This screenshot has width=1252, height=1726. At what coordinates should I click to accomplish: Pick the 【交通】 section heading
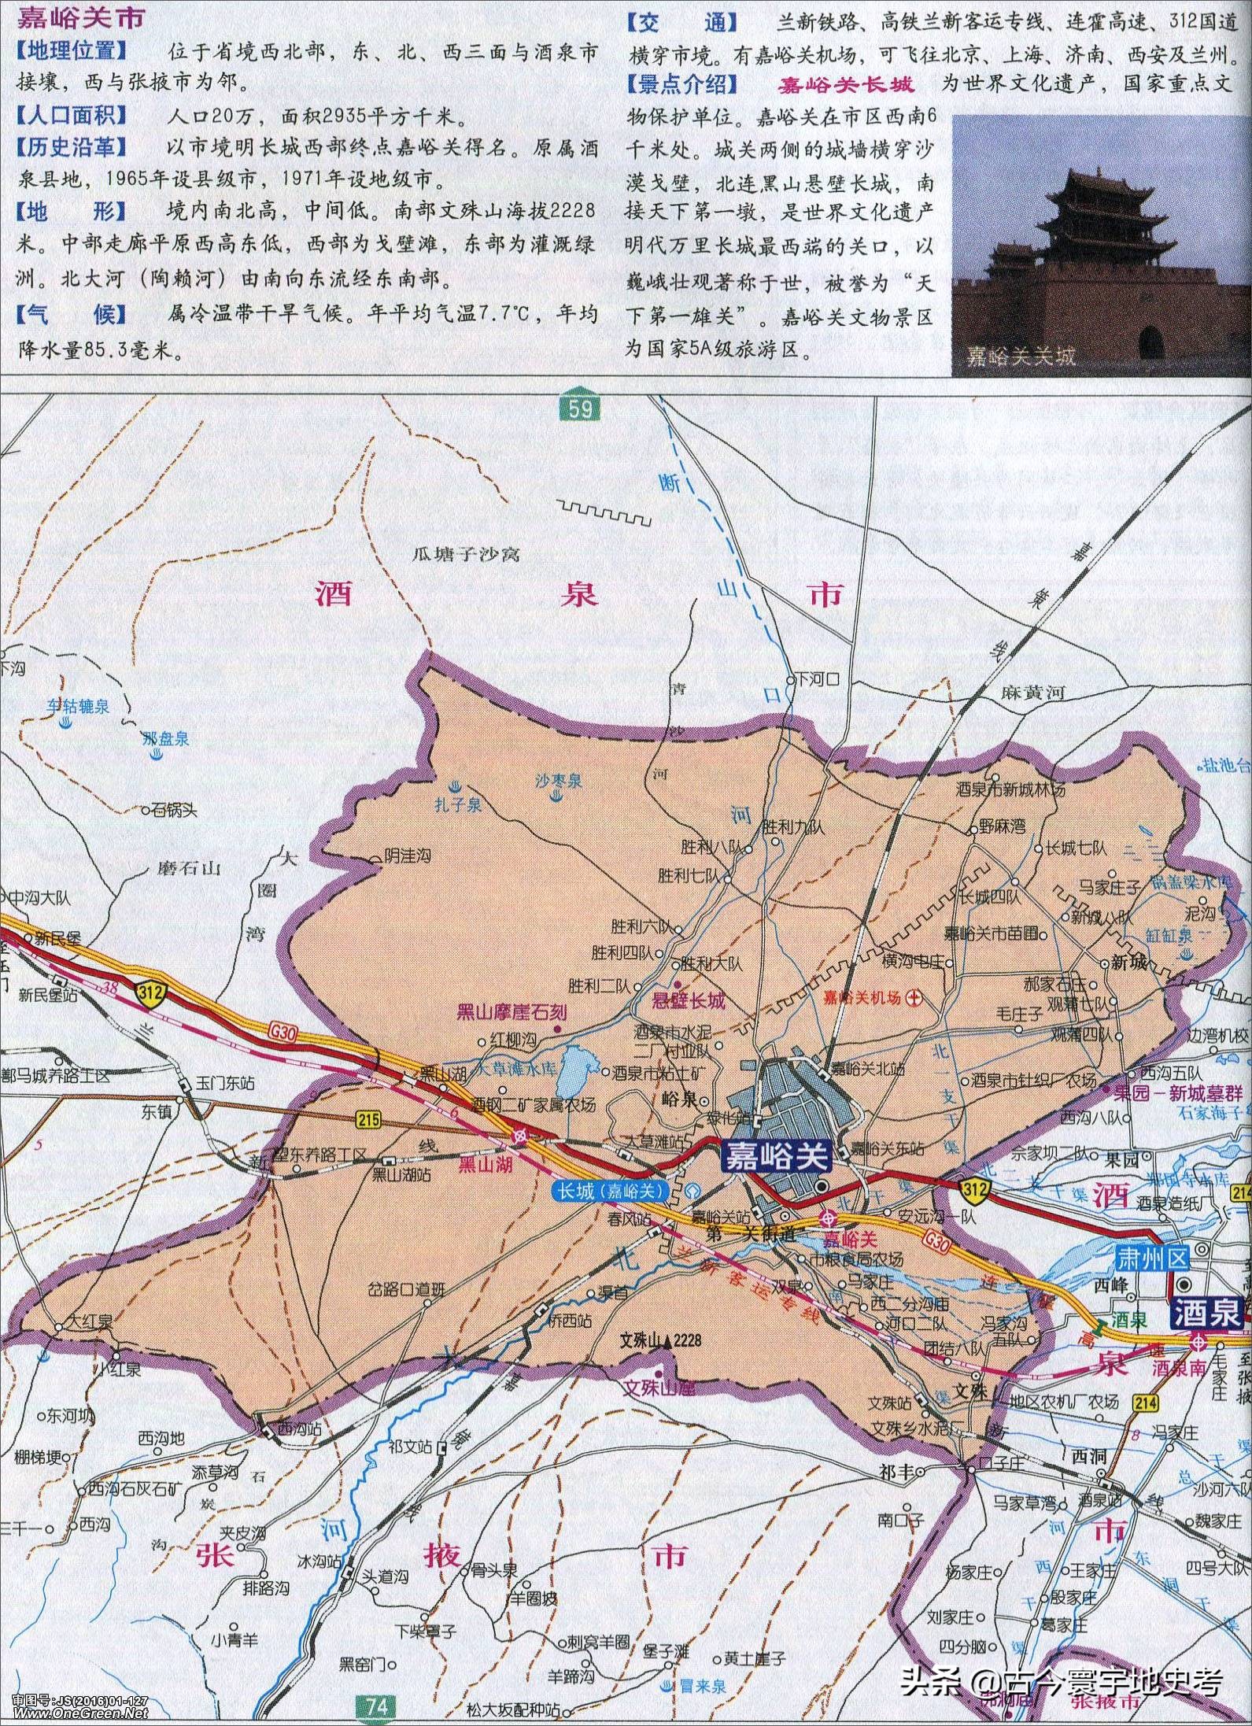coord(681,24)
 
